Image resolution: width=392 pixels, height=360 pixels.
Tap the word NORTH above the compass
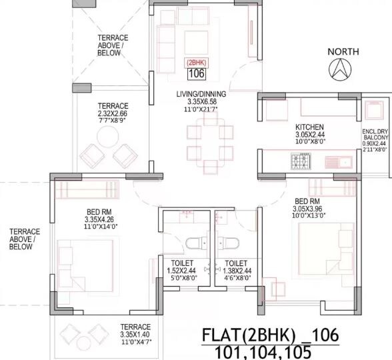point(343,51)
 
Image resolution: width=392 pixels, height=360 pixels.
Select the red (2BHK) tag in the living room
point(196,61)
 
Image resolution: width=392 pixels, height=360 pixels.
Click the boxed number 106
point(196,74)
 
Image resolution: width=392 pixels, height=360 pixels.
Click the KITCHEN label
point(310,127)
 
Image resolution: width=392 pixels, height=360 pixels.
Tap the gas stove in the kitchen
point(297,160)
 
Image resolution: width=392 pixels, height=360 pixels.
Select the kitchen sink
point(342,161)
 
